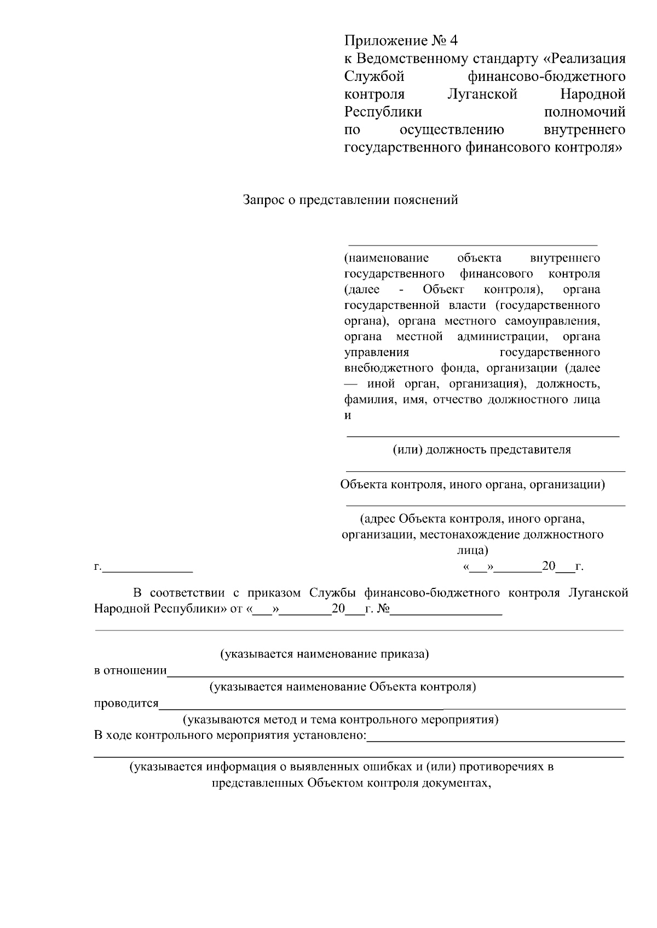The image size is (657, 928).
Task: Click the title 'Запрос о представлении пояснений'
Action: [x=350, y=200]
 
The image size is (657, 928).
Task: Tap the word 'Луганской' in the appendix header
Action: [x=482, y=94]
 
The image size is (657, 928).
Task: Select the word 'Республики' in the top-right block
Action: [x=383, y=112]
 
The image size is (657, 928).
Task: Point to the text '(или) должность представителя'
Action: [x=482, y=450]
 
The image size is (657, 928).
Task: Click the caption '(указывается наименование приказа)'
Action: [x=324, y=653]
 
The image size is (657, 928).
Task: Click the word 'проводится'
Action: [x=126, y=703]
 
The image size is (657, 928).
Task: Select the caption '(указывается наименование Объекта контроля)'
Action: [x=343, y=687]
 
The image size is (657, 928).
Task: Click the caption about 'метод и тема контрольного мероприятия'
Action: [x=341, y=719]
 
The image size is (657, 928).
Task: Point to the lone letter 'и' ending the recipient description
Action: [x=348, y=415]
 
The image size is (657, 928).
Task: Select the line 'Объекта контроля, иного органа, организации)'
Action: [x=472, y=485]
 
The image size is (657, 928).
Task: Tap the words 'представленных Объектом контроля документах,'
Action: [x=350, y=783]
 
